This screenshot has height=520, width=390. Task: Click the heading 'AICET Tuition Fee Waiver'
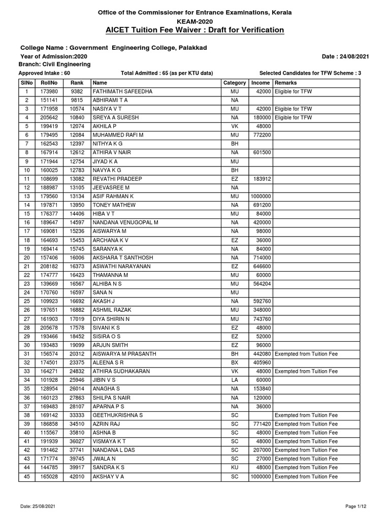point(194,30)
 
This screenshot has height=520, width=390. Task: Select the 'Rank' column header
point(77,83)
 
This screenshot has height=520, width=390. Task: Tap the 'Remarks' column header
point(285,83)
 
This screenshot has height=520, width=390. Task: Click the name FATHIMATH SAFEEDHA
point(122,91)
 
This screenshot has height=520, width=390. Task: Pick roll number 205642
point(49,117)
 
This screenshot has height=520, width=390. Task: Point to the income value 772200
point(262,135)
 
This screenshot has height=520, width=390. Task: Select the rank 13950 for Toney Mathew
point(77,205)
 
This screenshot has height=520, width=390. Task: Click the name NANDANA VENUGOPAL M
point(125,222)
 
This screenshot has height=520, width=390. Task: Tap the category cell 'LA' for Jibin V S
point(234,379)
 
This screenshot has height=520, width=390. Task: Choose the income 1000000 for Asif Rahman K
point(261,196)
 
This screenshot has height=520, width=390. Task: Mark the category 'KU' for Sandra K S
point(234,467)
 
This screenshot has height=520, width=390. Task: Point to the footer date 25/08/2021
point(35,507)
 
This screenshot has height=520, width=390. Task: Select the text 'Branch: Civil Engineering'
point(54,64)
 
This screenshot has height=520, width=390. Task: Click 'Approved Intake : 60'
point(44,73)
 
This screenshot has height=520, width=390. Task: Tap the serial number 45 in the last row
point(26,477)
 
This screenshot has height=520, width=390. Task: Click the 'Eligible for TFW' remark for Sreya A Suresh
point(294,117)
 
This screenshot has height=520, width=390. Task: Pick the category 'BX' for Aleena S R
point(234,362)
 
